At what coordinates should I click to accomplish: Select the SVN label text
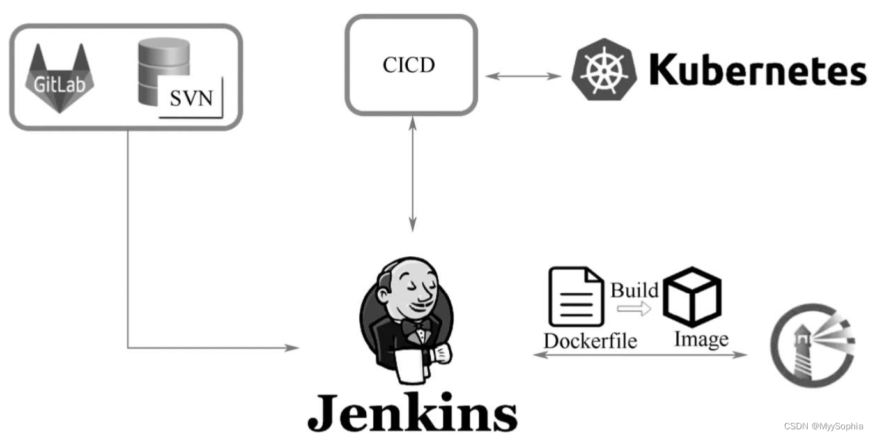point(192,100)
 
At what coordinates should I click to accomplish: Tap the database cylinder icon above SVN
point(163,67)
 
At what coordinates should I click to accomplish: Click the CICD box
point(411,65)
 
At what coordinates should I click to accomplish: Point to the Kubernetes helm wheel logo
point(604,69)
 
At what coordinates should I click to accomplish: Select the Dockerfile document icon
point(576,298)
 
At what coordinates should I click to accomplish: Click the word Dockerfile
point(590,341)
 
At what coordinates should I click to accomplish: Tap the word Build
point(634,290)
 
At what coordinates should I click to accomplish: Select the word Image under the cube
point(701,339)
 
